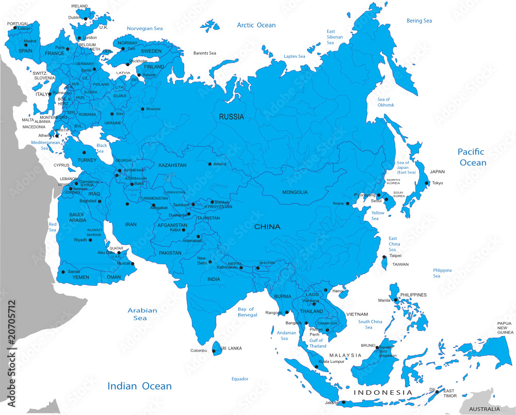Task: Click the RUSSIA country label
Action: click(231, 117)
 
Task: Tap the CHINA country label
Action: click(267, 227)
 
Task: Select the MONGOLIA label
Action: click(295, 192)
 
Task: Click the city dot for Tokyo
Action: click(427, 183)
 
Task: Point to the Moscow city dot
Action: click(142, 109)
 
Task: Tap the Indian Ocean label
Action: click(139, 386)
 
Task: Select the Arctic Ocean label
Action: click(256, 25)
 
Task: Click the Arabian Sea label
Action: click(142, 314)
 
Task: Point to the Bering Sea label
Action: click(419, 21)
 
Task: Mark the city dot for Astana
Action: click(209, 164)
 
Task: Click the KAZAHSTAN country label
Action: click(172, 165)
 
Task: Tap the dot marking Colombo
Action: click(214, 351)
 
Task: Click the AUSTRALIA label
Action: click(484, 409)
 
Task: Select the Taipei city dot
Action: click(384, 257)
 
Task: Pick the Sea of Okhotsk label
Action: click(385, 102)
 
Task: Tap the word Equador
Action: click(240, 379)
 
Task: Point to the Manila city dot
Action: click(395, 299)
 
